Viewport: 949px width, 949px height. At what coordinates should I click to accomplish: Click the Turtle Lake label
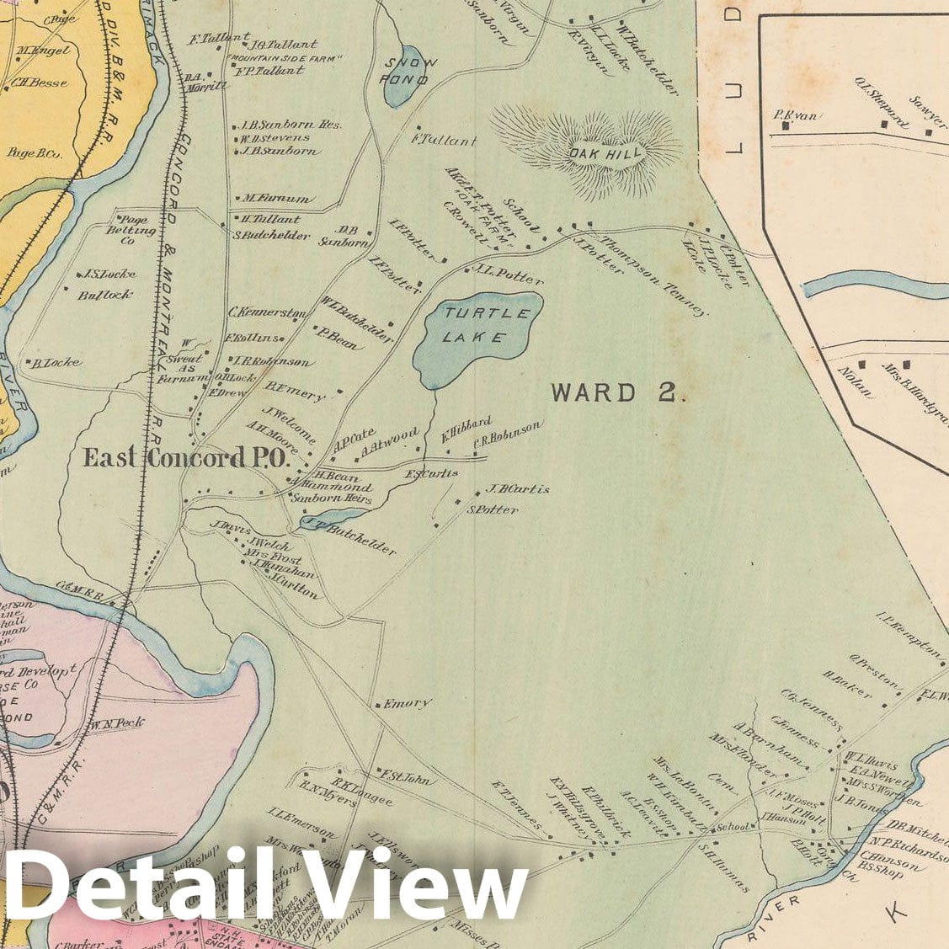point(476,326)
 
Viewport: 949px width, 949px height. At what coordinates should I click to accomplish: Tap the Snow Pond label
point(407,72)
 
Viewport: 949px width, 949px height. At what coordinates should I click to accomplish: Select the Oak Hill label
point(594,153)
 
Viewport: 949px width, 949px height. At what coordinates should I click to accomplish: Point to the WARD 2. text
point(618,393)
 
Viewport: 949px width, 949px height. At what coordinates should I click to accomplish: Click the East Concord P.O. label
point(185,459)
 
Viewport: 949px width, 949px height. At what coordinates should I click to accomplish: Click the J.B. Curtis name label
point(517,489)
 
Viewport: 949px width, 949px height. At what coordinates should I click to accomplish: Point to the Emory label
point(408,703)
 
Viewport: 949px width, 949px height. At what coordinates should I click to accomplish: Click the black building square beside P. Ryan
point(786,126)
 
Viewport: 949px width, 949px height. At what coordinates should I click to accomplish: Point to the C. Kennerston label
point(266,313)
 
